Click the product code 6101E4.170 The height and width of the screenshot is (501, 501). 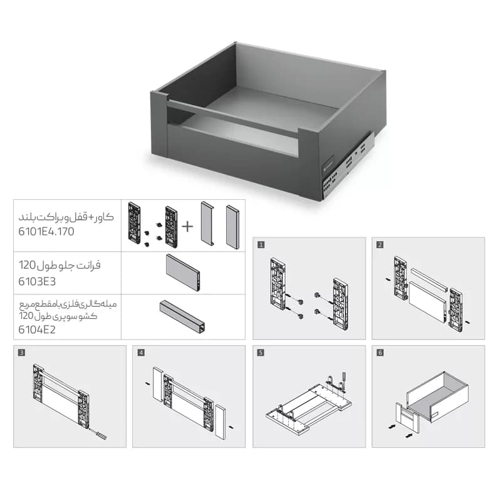(46, 231)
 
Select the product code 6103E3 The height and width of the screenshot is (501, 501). (37, 281)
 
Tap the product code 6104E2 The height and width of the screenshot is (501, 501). (37, 329)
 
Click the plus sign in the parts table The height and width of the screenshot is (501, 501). (187, 227)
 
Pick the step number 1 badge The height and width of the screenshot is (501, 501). (261, 245)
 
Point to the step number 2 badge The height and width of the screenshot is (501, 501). (380, 245)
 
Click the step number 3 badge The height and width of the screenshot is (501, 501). (21, 353)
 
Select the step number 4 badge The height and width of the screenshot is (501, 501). (141, 353)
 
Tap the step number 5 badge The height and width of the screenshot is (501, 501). (261, 353)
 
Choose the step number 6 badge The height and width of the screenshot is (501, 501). (380, 353)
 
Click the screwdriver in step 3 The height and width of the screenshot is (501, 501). (98, 434)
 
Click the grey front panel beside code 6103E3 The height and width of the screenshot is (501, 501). (183, 272)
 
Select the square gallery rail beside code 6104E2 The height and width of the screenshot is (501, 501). (182, 316)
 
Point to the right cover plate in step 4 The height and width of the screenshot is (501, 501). (220, 421)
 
